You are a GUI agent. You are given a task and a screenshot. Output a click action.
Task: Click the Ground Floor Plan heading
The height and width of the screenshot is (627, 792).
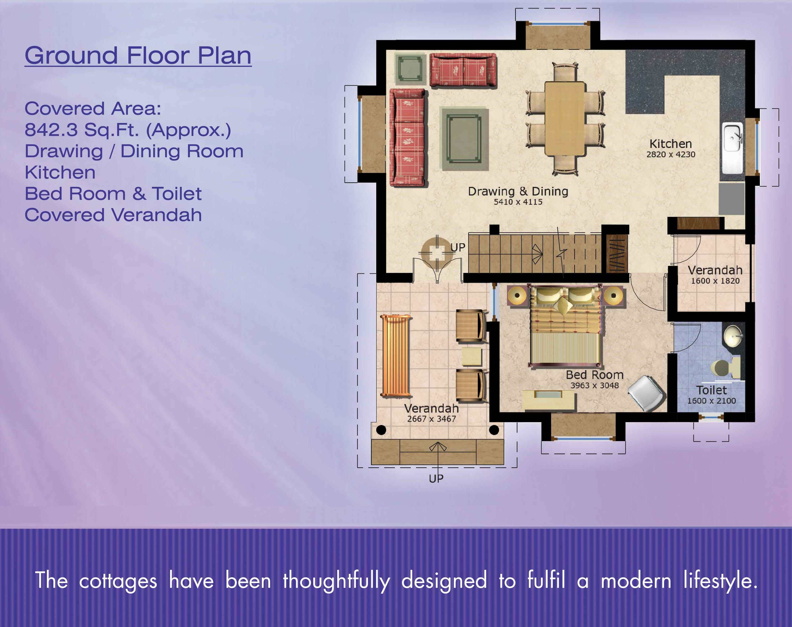pyautogui.click(x=138, y=56)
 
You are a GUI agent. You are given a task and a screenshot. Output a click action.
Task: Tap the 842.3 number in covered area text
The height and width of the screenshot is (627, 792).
pyautogui.click(x=51, y=130)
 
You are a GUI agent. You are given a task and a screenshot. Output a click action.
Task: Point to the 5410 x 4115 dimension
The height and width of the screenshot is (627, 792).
pyautogui.click(x=518, y=202)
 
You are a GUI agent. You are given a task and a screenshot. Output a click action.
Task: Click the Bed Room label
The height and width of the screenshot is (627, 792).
pyautogui.click(x=594, y=375)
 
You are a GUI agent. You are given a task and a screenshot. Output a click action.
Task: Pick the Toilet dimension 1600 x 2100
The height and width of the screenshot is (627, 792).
pyautogui.click(x=711, y=401)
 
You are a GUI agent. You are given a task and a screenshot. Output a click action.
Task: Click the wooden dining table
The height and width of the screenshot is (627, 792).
pyautogui.click(x=564, y=119)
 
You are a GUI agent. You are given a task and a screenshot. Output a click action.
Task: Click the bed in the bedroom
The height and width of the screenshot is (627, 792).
pyautogui.click(x=566, y=326)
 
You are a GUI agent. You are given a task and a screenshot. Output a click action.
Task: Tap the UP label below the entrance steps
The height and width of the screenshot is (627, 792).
pyautogui.click(x=436, y=479)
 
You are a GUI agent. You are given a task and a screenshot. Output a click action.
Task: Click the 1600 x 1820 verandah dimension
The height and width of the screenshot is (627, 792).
pyautogui.click(x=715, y=281)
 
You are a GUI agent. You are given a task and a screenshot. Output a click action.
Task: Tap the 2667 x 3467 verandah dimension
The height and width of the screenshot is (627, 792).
pyautogui.click(x=431, y=419)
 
